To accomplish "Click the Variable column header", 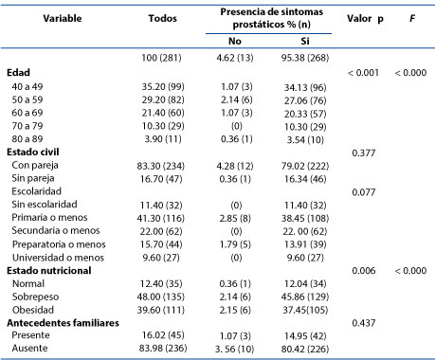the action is [x=63, y=18].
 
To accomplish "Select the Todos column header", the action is [x=163, y=18].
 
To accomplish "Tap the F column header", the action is [x=412, y=18].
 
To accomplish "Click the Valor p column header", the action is [x=365, y=19].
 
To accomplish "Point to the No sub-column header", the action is [x=235, y=41].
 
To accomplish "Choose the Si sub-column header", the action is [x=305, y=41].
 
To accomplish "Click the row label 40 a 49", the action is [x=27, y=86].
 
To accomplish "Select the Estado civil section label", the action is [x=33, y=152].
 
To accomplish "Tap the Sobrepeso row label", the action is [x=35, y=297].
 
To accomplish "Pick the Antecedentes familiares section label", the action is [x=63, y=323].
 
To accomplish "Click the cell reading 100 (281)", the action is [x=161, y=58].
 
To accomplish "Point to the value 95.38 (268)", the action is [x=305, y=58].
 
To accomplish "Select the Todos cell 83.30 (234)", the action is [x=161, y=166].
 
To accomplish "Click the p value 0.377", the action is [x=364, y=153].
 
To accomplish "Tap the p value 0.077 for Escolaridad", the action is [x=364, y=192].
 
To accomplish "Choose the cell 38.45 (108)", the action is [x=305, y=218].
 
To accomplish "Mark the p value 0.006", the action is [x=364, y=271].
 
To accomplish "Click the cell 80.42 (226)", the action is [x=305, y=349].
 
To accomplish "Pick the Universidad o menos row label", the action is [x=58, y=258].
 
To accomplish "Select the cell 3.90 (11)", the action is [x=163, y=139].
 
